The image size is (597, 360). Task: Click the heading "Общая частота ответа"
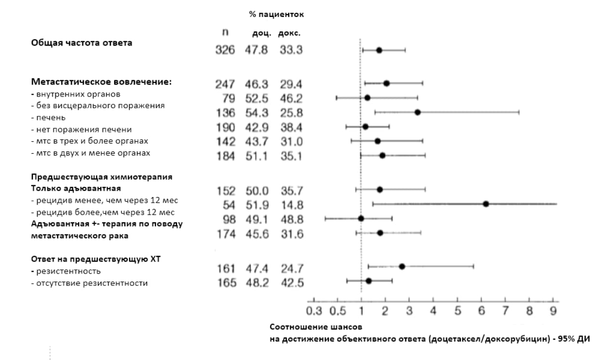[x=82, y=43]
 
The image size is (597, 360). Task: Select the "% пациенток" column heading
[x=276, y=15]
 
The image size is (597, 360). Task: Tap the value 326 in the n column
[x=225, y=50]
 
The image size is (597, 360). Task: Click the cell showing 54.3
[x=257, y=113]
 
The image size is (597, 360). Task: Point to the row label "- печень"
[x=49, y=117]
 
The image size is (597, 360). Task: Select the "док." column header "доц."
[x=261, y=33]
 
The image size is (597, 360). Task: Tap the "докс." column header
[x=289, y=33]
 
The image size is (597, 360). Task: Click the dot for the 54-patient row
[x=486, y=204]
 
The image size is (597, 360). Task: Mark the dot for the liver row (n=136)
[x=417, y=112]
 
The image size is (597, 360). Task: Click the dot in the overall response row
[x=379, y=50]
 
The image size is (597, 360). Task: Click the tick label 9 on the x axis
[x=553, y=311]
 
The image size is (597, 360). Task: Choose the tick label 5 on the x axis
[x=457, y=311]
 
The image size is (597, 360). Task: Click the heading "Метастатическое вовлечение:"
[x=101, y=82]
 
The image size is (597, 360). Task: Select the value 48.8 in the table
[x=291, y=219]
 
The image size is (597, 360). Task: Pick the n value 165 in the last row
[x=225, y=283]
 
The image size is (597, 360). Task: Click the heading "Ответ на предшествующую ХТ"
[x=96, y=259]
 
